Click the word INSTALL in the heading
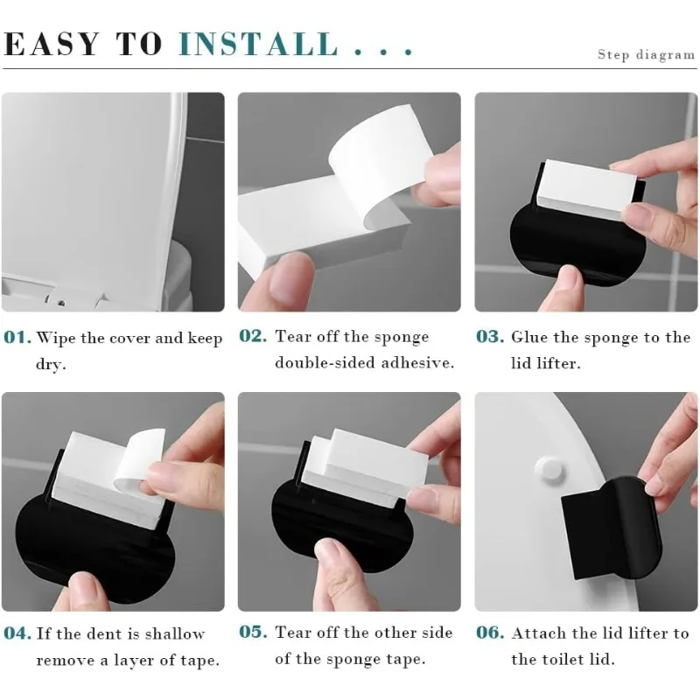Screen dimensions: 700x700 [259, 44]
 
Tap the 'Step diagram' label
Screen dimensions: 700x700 [646, 55]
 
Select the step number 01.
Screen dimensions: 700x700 [17, 338]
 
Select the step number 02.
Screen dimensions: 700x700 [253, 336]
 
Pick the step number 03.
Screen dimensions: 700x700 [490, 336]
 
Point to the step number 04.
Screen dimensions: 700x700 [17, 633]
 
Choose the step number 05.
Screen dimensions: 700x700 [253, 633]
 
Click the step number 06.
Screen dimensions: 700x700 [490, 633]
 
